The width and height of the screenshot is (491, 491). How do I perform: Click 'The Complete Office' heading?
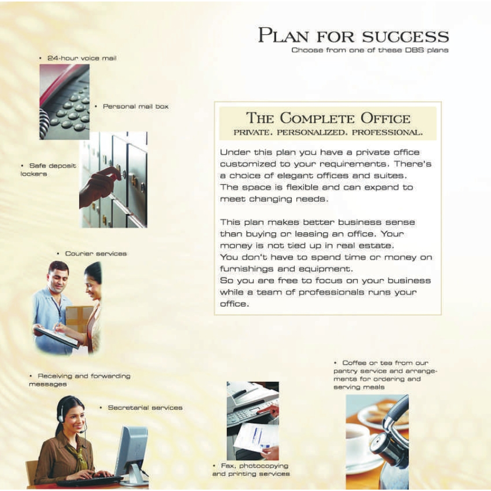pos(328,118)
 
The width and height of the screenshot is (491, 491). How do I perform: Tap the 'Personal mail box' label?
pos(135,106)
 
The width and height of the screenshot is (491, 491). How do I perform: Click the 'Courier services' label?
pos(95,254)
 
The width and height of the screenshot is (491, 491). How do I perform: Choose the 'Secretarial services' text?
pos(145,408)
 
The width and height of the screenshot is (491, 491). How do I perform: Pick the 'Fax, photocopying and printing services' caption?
pos(250,470)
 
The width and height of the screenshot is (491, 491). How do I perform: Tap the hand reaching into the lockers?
pos(101,185)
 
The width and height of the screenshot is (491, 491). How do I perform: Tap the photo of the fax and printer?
pos(253,420)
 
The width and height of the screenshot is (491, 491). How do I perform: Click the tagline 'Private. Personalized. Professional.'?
pos(328,133)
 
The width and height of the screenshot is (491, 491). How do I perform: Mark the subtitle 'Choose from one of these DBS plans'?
pos(370,50)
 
